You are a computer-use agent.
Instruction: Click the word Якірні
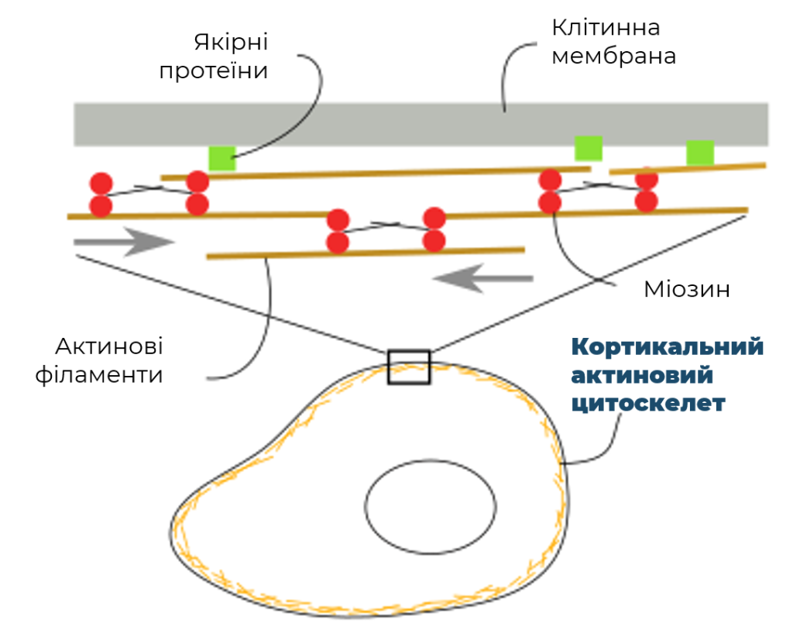point(231,43)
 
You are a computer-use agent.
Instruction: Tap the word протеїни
point(214,71)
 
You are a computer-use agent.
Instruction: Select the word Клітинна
point(606,28)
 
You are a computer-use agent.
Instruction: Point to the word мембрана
point(613,56)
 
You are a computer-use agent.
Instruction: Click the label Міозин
point(687,289)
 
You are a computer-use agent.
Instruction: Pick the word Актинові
point(108,346)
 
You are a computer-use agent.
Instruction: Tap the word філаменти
point(98,375)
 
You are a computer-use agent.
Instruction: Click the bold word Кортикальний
point(667,347)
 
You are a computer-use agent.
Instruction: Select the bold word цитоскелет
point(648,404)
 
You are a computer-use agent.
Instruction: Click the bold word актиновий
point(642,375)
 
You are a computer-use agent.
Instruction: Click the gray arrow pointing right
point(124,242)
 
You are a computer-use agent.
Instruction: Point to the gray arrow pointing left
point(483,278)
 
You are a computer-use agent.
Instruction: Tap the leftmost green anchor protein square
point(222,158)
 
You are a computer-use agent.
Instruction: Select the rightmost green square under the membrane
point(700,153)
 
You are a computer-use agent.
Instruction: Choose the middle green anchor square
point(589,148)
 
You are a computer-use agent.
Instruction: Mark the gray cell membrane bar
point(421,125)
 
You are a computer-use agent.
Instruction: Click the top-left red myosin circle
point(101,183)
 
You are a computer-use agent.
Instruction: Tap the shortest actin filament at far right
point(688,168)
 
